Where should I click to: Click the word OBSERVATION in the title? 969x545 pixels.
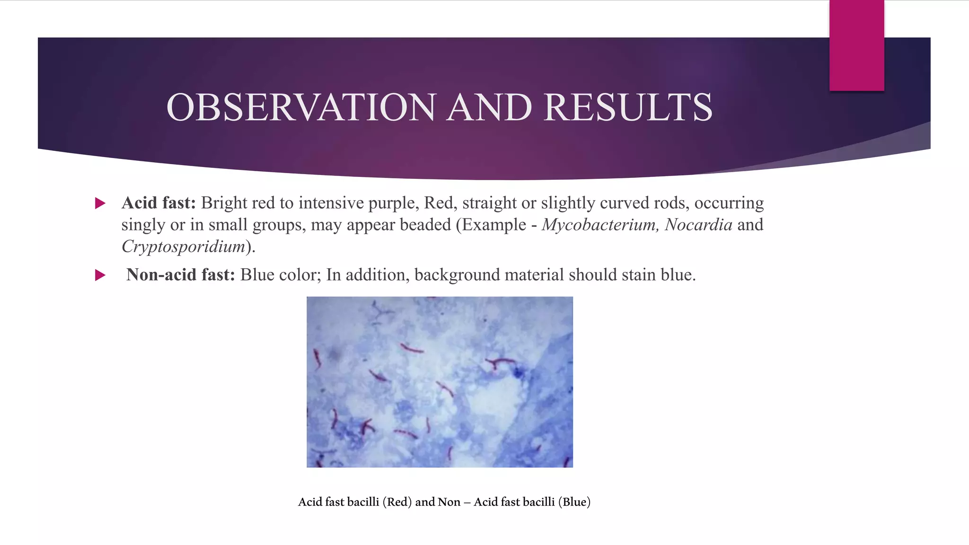[x=301, y=107]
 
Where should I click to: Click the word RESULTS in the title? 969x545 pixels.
[x=628, y=107]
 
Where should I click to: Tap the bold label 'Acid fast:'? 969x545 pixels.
[x=159, y=203]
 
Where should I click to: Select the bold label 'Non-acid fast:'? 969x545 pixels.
[x=180, y=275]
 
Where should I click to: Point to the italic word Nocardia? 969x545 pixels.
[x=698, y=225]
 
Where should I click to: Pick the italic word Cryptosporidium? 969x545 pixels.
[x=184, y=246]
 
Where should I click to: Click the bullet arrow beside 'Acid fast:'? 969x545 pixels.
[x=100, y=203]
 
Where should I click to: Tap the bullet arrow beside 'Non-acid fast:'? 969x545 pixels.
[x=100, y=275]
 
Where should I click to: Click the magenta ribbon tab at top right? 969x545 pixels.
[x=856, y=45]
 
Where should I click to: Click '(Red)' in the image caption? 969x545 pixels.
[x=397, y=502]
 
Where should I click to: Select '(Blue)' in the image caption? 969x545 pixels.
[x=574, y=502]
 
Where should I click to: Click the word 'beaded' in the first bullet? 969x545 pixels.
[x=425, y=225]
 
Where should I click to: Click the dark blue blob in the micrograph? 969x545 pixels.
[x=518, y=374]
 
